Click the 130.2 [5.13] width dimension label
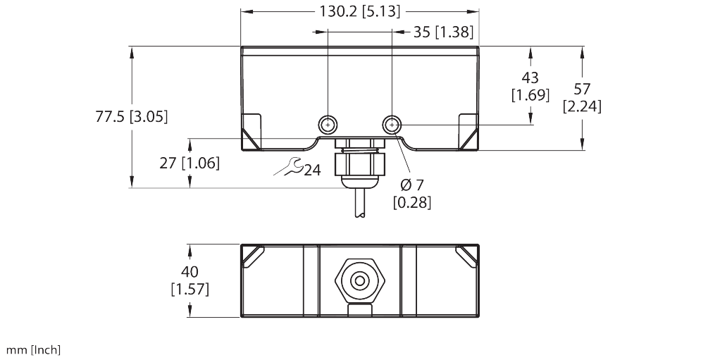click(359, 11)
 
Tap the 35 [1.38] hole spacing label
click(442, 31)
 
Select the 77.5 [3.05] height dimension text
click(132, 117)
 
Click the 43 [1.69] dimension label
click(530, 86)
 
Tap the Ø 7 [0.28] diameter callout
click(411, 194)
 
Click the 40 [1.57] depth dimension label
click(190, 280)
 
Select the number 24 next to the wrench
click(312, 170)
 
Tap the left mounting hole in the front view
click(328, 125)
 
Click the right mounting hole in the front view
click(392, 125)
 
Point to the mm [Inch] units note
click(34, 349)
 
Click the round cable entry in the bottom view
click(359, 281)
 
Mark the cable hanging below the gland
click(359, 204)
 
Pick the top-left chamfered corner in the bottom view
click(252, 256)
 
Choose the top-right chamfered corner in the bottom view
click(467, 256)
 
